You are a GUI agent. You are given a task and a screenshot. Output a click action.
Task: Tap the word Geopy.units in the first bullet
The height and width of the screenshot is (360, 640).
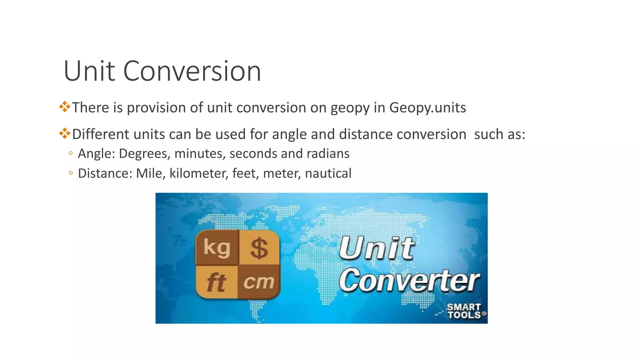427,108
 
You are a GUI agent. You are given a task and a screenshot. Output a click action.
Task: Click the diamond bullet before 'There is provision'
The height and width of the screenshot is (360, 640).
65,107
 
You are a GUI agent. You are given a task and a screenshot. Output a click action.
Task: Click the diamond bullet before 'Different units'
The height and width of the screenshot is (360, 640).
65,133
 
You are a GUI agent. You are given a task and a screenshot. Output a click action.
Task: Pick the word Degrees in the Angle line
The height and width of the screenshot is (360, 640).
145,154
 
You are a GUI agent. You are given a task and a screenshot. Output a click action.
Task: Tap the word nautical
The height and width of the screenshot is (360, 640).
328,173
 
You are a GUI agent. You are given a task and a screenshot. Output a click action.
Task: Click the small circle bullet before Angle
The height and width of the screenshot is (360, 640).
71,153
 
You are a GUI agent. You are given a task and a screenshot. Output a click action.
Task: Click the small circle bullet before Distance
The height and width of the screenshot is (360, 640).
71,173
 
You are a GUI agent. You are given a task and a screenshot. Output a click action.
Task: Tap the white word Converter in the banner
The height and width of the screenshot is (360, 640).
409,280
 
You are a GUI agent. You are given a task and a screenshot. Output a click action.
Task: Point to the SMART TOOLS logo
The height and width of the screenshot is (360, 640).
464,311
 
